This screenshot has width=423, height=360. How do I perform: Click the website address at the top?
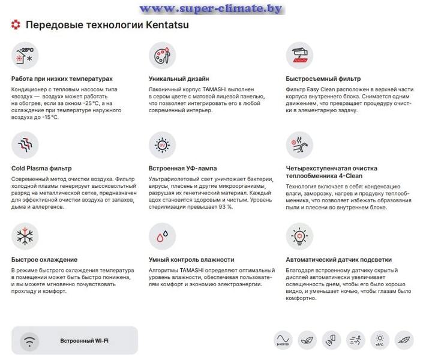211,8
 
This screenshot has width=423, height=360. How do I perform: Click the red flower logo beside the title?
16,25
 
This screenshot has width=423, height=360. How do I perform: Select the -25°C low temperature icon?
25,55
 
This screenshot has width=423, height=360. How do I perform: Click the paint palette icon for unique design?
162,55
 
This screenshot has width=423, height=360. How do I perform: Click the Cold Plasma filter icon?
25,145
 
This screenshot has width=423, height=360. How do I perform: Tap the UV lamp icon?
162,145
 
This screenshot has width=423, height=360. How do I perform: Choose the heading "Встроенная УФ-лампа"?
182,169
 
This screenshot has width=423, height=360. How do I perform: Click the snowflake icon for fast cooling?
25,236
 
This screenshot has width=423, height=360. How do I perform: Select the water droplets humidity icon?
162,236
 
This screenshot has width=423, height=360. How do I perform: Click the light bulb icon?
299,236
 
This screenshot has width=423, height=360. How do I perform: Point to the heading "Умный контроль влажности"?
191,260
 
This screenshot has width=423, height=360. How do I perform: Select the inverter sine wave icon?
283,340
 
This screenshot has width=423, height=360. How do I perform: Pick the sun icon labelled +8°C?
380,340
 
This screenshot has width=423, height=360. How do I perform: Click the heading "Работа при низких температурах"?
62,79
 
